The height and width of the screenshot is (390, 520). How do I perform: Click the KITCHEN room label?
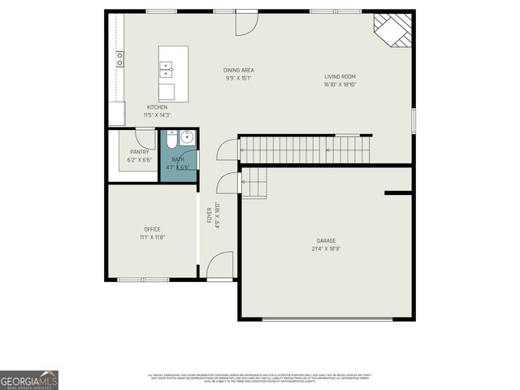click(x=158, y=107)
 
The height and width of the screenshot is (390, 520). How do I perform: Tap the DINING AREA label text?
click(x=238, y=71)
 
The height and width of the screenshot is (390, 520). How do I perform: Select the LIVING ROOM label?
click(x=340, y=76)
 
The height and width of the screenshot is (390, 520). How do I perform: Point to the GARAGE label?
click(x=326, y=240)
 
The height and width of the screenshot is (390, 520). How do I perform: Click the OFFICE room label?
click(x=152, y=229)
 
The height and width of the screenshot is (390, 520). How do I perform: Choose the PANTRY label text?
click(x=139, y=151)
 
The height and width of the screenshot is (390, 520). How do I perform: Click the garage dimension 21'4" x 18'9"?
click(x=326, y=249)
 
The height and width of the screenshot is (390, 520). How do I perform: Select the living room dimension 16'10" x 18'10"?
click(x=340, y=84)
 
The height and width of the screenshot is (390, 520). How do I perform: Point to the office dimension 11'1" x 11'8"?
click(x=152, y=237)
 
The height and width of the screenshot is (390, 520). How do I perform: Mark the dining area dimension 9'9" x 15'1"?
click(x=238, y=79)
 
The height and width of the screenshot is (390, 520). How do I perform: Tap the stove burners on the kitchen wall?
click(x=119, y=58)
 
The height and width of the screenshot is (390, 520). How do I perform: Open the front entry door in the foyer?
click(x=219, y=266)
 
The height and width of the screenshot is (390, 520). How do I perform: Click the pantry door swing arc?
click(x=146, y=138)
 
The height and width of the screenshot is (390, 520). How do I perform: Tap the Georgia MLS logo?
click(x=29, y=379)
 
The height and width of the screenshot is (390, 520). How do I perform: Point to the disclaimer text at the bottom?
click(x=260, y=379)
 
